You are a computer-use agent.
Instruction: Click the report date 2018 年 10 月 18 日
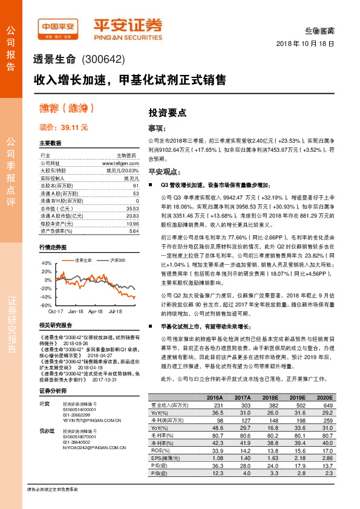click(305, 44)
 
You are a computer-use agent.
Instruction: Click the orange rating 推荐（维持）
click(67, 109)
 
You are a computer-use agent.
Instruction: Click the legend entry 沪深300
click(117, 260)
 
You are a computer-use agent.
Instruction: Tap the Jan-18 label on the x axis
click(76, 311)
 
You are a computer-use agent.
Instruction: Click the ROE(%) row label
click(160, 450)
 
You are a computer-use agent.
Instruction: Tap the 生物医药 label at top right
click(320, 30)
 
